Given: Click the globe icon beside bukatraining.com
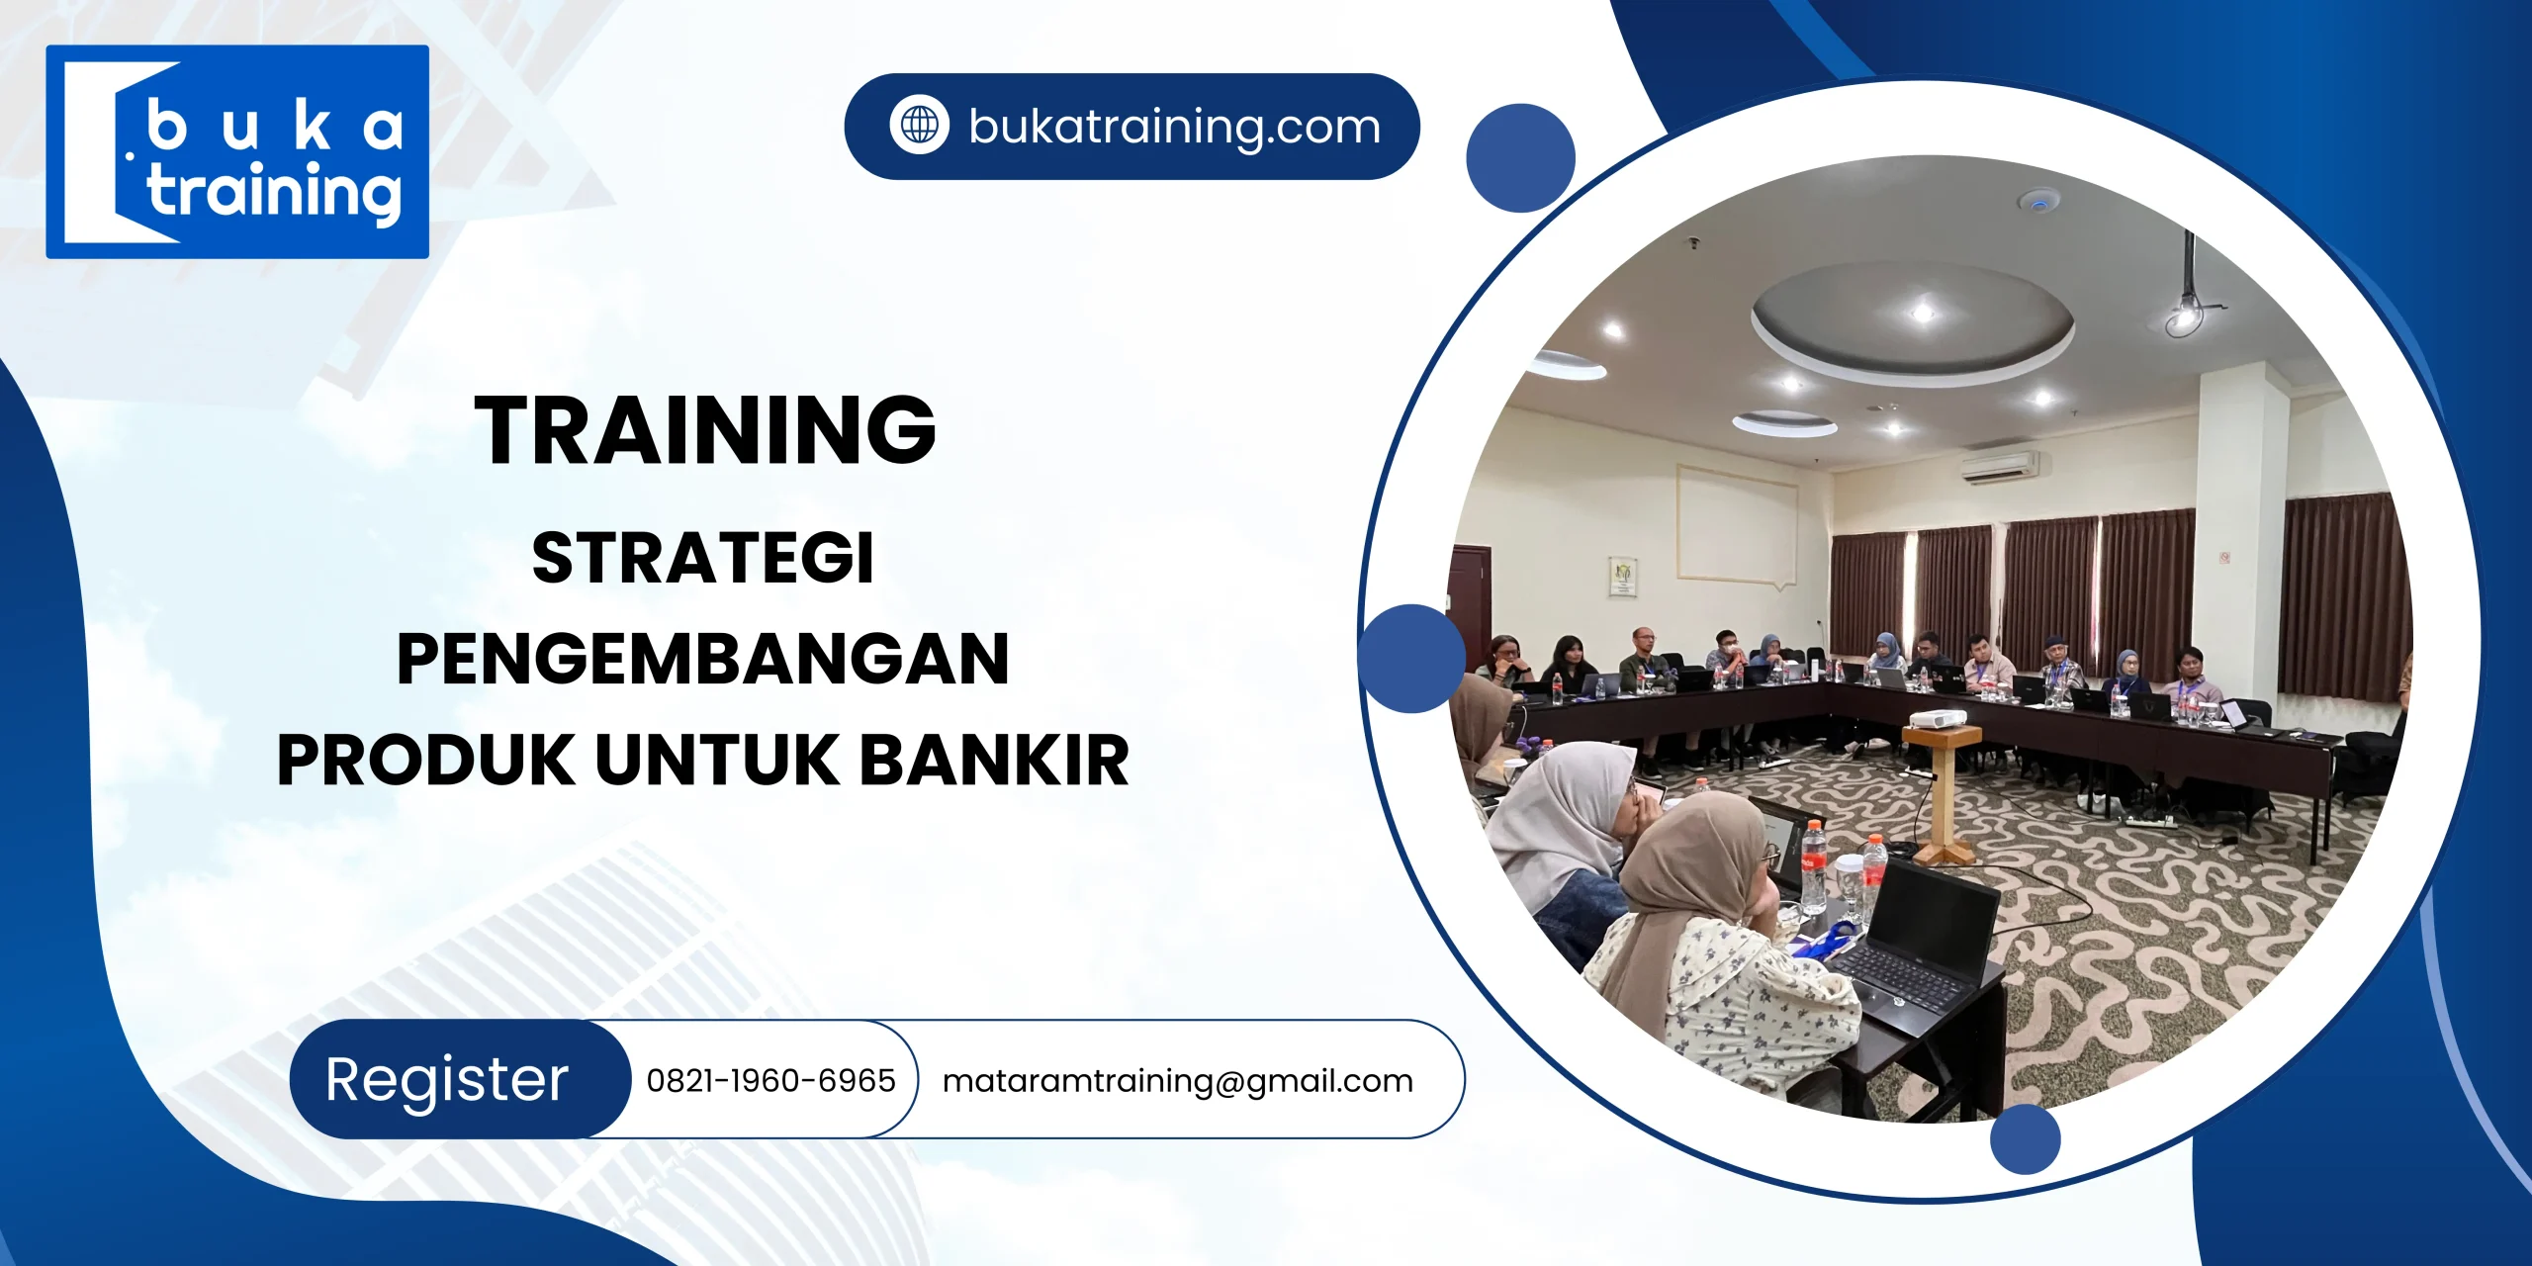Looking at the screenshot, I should [919, 126].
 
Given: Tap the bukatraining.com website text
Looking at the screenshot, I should [1174, 127].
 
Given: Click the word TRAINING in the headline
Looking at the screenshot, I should [704, 430].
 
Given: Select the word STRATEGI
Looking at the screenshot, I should [703, 558].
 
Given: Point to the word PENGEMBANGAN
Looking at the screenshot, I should [703, 660].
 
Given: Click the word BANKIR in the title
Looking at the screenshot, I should [994, 761].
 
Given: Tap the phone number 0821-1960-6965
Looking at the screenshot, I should [770, 1080].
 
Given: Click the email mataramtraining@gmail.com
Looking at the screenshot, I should [1177, 1081].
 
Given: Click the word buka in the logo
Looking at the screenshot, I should [274, 128].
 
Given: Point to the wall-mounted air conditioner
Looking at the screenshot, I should [1999, 466].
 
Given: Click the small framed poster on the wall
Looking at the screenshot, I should [1623, 577].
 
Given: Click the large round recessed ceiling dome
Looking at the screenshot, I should [1913, 316].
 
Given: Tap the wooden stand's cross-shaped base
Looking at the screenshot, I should [1943, 850].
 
